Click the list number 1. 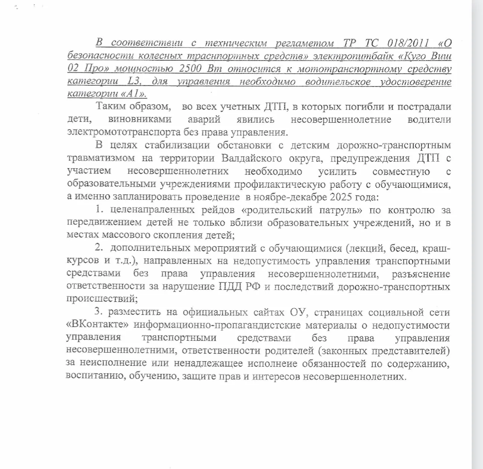tap(98, 209)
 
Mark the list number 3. tap(98, 312)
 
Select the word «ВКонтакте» tap(98, 325)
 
